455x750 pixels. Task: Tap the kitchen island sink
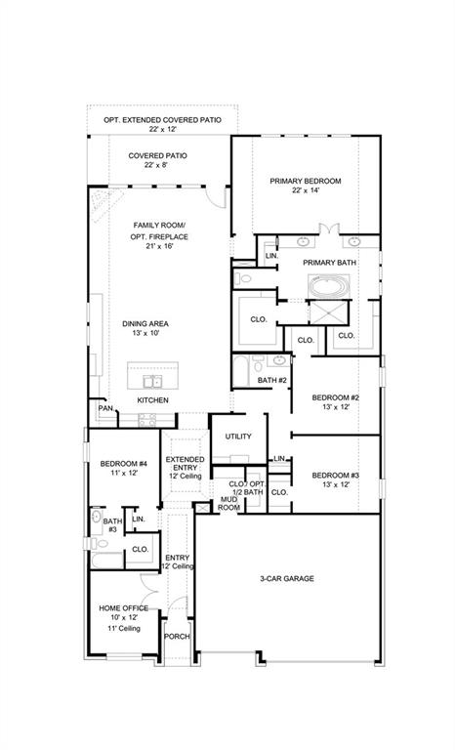(152, 381)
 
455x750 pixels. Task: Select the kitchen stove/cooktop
(147, 420)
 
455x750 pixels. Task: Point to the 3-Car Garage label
(286, 578)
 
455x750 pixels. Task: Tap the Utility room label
(238, 437)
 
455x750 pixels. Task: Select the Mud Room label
(228, 503)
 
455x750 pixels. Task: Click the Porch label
(177, 636)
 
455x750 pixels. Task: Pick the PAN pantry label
(104, 408)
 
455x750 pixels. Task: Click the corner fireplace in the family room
(101, 201)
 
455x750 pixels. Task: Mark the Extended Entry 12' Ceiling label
(185, 465)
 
